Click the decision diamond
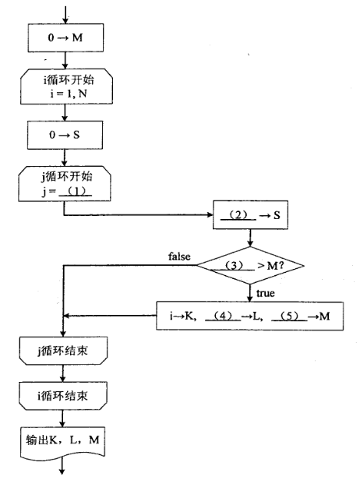coord(249,266)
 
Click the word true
coord(265,293)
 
